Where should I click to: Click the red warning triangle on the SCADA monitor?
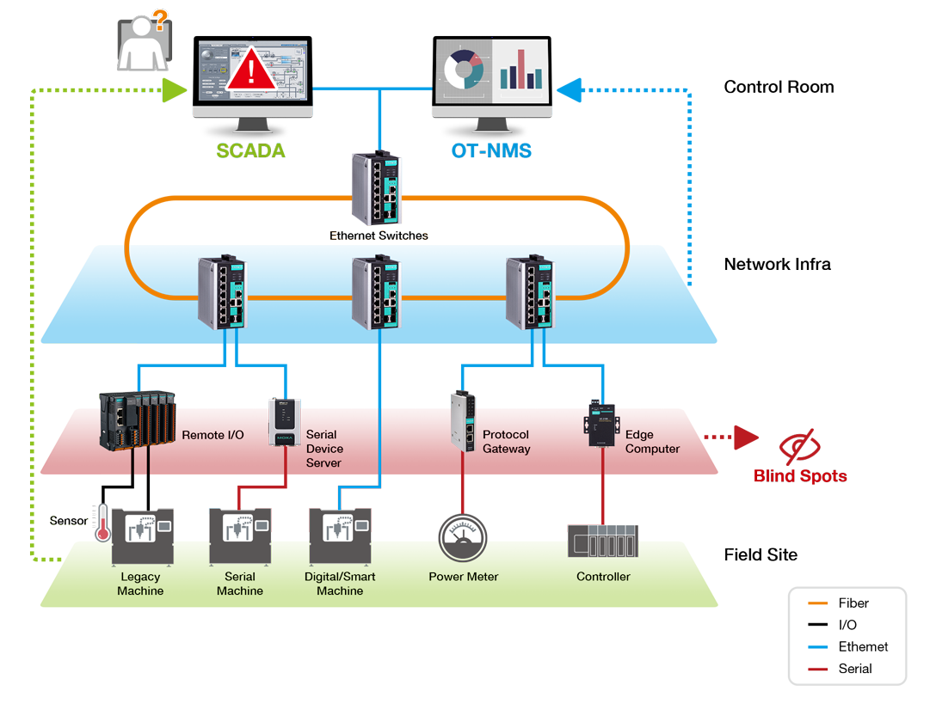pos(251,70)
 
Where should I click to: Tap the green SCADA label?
pos(250,150)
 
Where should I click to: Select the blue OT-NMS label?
pos(491,150)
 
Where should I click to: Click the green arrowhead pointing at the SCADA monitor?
pos(175,90)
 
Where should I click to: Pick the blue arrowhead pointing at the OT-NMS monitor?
pos(569,90)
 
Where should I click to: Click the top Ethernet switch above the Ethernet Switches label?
pos(377,187)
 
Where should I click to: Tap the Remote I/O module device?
pos(138,421)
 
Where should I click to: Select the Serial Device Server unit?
pos(285,422)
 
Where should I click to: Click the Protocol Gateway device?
pos(463,421)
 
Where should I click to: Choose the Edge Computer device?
pos(601,423)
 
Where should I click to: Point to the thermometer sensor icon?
pos(102,523)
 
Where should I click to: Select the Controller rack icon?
pos(603,541)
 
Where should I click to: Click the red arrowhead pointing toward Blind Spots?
pos(746,437)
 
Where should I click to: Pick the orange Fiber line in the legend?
pos(817,603)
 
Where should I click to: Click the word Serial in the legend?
pos(855,669)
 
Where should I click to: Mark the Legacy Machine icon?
pos(143,536)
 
